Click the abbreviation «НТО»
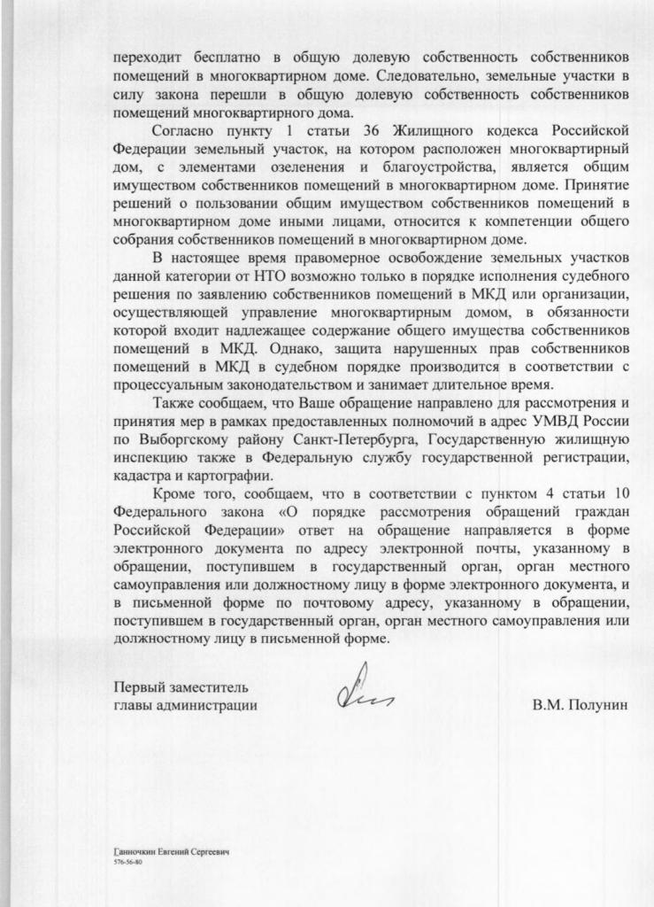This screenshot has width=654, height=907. (269, 276)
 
